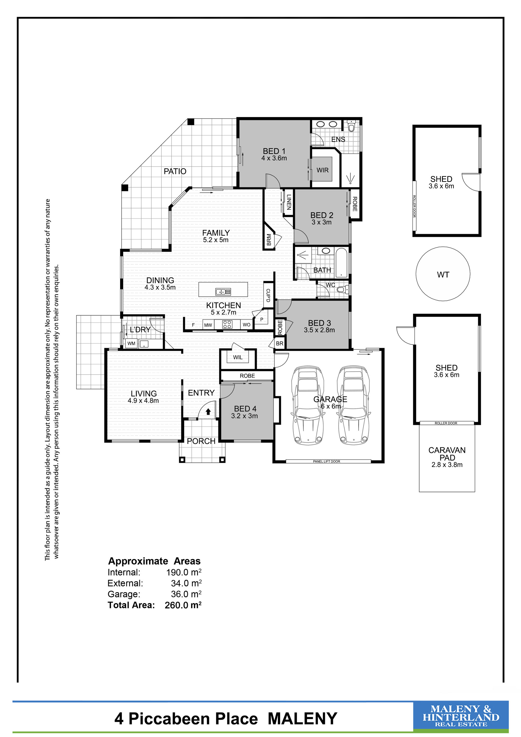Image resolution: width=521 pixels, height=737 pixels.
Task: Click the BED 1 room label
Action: (x=274, y=151)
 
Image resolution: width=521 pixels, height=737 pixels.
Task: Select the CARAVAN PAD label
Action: (x=447, y=454)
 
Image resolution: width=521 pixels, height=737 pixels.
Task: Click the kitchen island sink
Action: (x=223, y=292)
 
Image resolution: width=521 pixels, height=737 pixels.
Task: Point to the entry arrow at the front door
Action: (x=208, y=411)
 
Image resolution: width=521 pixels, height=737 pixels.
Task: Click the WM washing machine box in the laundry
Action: (x=132, y=343)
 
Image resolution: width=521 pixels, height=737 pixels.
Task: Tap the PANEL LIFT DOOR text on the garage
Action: (x=327, y=461)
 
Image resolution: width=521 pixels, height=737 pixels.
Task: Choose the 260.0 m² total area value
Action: (x=183, y=605)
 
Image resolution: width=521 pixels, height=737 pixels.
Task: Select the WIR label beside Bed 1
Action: (x=322, y=170)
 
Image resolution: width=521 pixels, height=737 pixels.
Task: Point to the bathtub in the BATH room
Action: (x=341, y=262)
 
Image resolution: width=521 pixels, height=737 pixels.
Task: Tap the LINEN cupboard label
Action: (x=289, y=202)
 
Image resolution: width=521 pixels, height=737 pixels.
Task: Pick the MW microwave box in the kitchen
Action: (x=208, y=325)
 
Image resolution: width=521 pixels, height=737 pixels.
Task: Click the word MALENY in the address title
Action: (x=302, y=719)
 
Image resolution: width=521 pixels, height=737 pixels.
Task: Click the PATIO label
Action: (x=175, y=171)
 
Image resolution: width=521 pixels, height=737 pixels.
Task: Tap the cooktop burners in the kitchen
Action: (x=227, y=324)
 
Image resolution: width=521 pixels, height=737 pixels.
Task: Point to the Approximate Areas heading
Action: (x=154, y=561)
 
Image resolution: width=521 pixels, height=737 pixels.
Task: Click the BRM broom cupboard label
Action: (x=269, y=240)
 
